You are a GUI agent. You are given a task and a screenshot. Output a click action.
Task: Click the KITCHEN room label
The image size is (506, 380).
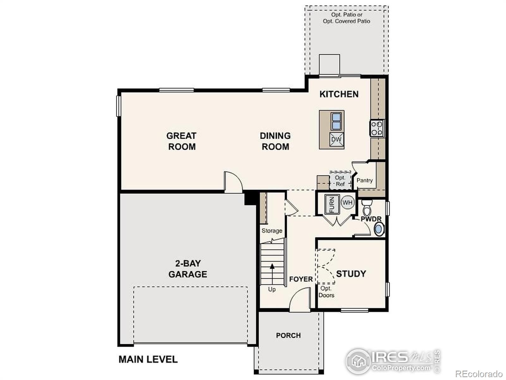pos(339,94)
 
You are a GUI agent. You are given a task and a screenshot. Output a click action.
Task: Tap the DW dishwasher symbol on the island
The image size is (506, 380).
pos(336,139)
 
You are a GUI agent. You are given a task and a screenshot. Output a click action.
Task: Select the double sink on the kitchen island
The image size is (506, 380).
pos(336,121)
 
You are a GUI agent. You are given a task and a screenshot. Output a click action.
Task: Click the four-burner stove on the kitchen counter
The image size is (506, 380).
pos(377,128)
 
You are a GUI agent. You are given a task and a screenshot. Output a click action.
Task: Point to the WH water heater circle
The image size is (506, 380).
pos(348,203)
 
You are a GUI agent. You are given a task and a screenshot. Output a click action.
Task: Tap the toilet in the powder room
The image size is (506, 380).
pos(367,207)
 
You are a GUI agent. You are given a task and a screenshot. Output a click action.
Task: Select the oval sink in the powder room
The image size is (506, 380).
pos(379,229)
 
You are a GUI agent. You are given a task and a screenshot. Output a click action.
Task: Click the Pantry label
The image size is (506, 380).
pos(364,180)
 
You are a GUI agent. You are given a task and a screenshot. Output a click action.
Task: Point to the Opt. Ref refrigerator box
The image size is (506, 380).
pos(340,180)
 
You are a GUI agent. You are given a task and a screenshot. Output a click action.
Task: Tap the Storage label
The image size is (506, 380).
pos(272,231)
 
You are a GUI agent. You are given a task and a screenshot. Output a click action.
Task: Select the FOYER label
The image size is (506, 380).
pos(301,279)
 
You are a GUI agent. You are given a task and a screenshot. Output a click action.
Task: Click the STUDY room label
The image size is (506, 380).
pos(351,274)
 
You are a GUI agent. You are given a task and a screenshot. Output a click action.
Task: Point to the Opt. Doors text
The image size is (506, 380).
pos(326,292)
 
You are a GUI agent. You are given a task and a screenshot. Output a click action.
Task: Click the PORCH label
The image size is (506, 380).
pos(288,335)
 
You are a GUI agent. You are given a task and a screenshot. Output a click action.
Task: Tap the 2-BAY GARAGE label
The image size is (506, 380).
pos(188,269)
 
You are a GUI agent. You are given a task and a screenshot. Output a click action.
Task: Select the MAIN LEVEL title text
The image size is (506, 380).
pos(148,359)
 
